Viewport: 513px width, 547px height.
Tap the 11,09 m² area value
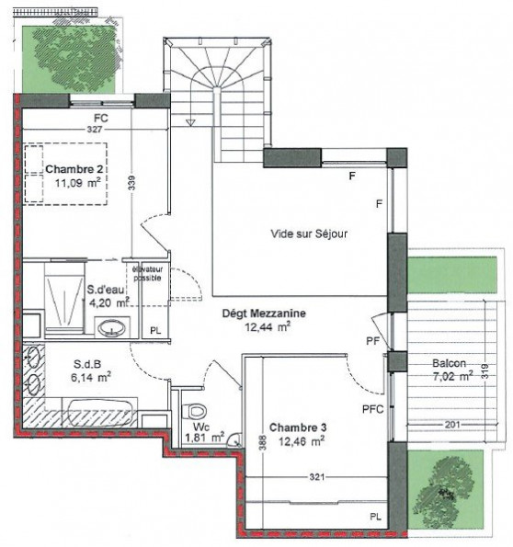(x=76, y=182)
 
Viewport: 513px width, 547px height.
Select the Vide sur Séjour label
(x=309, y=234)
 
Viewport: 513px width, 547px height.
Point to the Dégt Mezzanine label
(x=264, y=313)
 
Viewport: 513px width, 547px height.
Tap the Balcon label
(x=450, y=362)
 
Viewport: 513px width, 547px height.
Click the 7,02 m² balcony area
(x=452, y=375)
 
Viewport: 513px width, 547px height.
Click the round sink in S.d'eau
(x=113, y=326)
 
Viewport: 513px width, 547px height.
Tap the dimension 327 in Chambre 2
(x=95, y=131)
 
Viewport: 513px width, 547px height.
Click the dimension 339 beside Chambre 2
(x=131, y=184)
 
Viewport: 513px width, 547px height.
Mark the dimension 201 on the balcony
(x=450, y=424)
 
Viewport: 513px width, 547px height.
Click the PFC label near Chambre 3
(x=372, y=408)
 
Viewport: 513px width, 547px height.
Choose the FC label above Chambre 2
(x=101, y=118)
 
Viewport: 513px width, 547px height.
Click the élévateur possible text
(x=148, y=273)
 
